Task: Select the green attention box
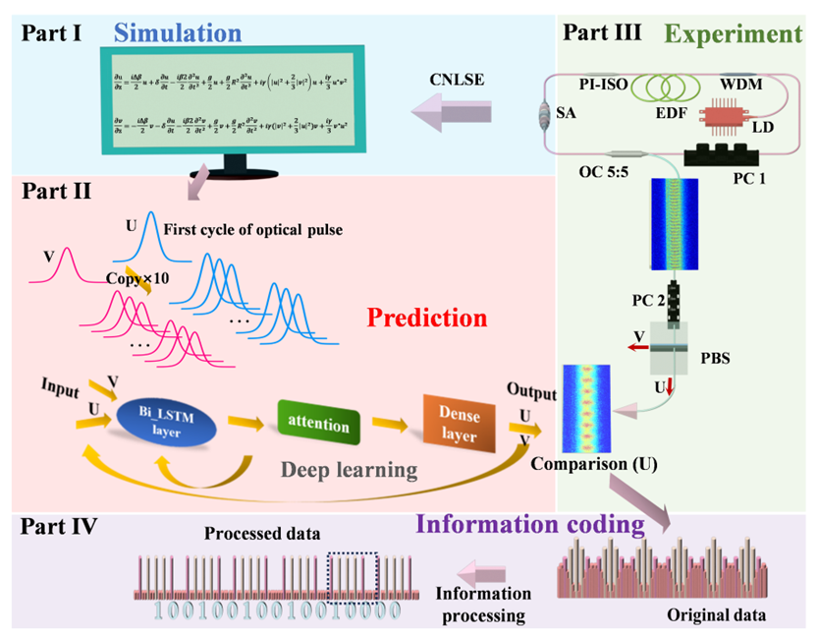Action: [319, 425]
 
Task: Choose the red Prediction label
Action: [426, 319]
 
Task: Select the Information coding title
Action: [531, 524]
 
